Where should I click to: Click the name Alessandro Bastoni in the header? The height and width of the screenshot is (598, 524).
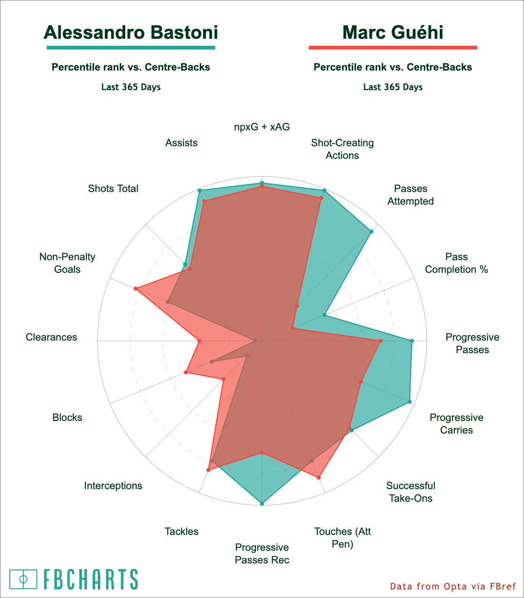coord(131,33)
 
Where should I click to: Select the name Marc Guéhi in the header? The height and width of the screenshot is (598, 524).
coord(393,33)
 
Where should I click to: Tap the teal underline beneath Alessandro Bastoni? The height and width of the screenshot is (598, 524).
coord(131,48)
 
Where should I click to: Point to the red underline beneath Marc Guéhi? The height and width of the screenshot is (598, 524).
coord(393,48)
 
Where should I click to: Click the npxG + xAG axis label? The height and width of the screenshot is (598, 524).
coord(262,127)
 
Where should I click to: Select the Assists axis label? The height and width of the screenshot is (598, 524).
coord(182,142)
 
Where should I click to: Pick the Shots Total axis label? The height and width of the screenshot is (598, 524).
coord(113,188)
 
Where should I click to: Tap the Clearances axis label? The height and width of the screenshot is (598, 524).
coord(51,337)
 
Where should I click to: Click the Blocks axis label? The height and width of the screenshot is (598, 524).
coord(67,417)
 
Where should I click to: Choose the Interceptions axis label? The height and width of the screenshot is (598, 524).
coord(113,485)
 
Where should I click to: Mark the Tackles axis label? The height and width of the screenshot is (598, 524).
coord(182,531)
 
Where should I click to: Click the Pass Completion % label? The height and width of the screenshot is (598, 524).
coord(457,263)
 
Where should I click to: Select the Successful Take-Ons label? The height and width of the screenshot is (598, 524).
coord(411,492)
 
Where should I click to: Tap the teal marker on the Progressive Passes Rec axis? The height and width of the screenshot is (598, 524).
coord(262,503)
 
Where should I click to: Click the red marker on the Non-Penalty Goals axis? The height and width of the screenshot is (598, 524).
coord(136,289)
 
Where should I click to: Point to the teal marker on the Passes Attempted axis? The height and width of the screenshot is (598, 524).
coord(371,231)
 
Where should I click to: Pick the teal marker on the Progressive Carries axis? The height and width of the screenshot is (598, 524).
coord(409,402)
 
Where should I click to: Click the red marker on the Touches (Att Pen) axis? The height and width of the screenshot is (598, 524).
coord(319,477)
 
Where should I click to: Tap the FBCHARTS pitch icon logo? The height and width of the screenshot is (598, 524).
coord(23,579)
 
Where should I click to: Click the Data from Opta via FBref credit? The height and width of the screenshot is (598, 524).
coord(453,586)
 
